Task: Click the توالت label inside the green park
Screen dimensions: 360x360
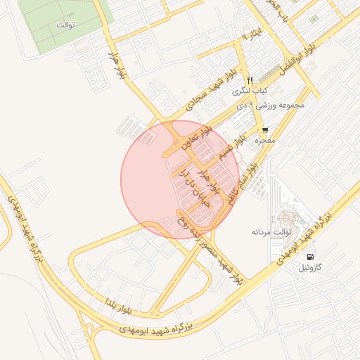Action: [x=65, y=25]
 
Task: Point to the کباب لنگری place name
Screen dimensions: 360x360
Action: [x=252, y=92]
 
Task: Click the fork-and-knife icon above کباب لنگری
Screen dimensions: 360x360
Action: [x=249, y=79]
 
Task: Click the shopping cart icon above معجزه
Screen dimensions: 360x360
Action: [x=264, y=130]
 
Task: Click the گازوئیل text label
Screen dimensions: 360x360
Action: [x=310, y=267]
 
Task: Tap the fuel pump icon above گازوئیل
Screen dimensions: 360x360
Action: [x=311, y=256]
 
